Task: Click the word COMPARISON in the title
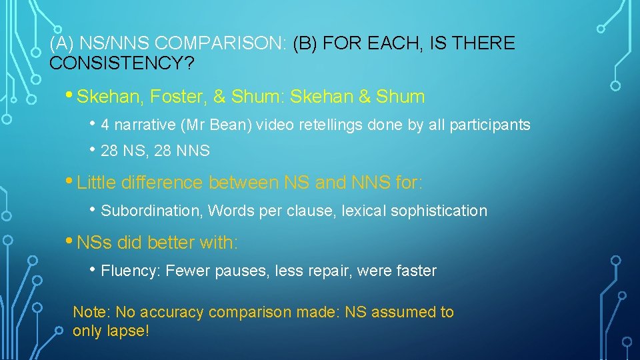[x=220, y=44]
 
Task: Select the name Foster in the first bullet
[x=175, y=97]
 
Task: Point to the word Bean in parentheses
[x=234, y=125]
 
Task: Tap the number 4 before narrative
[x=105, y=125]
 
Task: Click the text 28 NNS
[x=181, y=151]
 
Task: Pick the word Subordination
[x=151, y=211]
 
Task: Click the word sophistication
[x=439, y=211]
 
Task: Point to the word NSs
[x=95, y=243]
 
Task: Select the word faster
[x=417, y=271]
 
